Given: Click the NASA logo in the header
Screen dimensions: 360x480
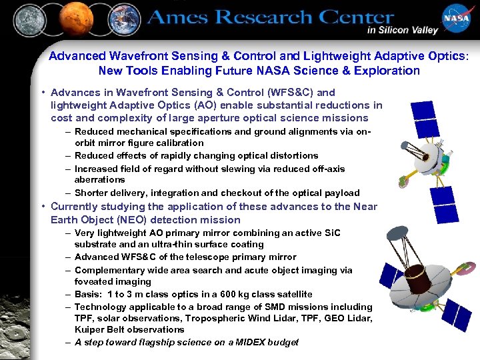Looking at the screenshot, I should click(x=458, y=20).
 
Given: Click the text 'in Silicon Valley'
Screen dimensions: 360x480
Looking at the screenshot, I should click(x=402, y=30).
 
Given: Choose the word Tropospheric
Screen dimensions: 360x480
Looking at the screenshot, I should click(x=215, y=318).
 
